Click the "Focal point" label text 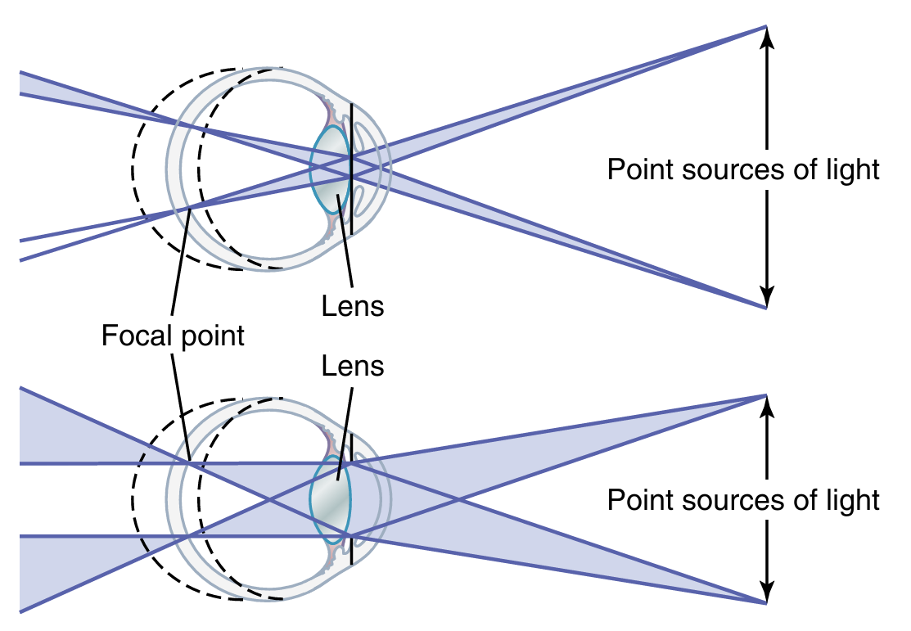pyautogui.click(x=173, y=336)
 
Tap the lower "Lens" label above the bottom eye pyautogui.click(x=353, y=365)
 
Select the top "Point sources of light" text pyautogui.click(x=743, y=169)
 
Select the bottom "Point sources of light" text pyautogui.click(x=743, y=499)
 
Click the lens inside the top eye pyautogui.click(x=331, y=169)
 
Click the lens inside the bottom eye pyautogui.click(x=331, y=499)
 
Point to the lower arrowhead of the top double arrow pyautogui.click(x=766, y=299)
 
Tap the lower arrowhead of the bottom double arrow pyautogui.click(x=766, y=594)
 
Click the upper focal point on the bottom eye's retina pyautogui.click(x=189, y=463)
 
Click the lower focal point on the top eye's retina pyautogui.click(x=187, y=210)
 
